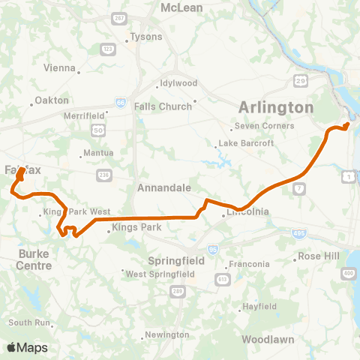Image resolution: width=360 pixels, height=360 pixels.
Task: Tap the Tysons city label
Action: (145, 36)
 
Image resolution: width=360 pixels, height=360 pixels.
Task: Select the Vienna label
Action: (60, 68)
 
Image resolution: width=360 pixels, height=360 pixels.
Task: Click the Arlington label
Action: (275, 107)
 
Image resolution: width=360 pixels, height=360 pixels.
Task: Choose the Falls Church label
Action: (163, 106)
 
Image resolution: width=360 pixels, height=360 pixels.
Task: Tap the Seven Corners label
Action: (262, 125)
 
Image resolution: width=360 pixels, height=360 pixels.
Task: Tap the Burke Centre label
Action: (35, 259)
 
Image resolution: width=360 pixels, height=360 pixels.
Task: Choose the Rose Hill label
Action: (319, 256)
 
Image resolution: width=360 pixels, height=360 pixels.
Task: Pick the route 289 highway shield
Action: (178, 290)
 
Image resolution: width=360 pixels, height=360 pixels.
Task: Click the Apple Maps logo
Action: (27, 347)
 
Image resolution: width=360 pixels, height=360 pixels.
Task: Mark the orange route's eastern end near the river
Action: (346, 124)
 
